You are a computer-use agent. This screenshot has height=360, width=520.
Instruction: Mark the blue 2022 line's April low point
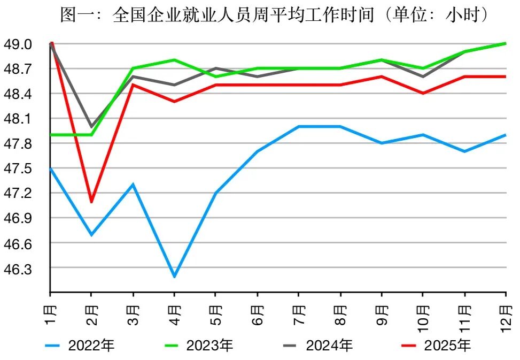coord(174,277)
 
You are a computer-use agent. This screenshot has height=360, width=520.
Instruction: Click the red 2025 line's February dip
coord(91,202)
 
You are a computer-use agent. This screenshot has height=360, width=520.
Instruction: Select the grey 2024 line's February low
coord(91,127)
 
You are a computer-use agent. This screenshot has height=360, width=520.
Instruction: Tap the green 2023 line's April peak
coord(174,60)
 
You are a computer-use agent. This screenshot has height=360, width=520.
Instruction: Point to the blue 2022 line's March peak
coord(133,185)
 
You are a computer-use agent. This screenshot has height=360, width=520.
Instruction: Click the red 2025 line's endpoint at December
coord(506,76)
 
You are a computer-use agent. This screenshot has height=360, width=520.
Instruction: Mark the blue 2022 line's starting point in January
coord(50,168)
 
